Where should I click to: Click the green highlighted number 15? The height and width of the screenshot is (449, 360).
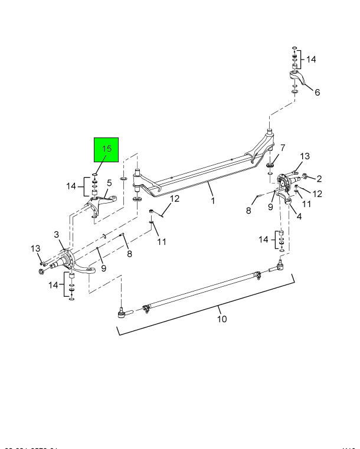(106, 149)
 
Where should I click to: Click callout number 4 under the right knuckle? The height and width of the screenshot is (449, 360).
(299, 216)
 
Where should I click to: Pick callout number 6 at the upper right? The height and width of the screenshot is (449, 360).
(317, 92)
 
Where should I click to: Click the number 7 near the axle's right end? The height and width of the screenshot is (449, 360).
(283, 148)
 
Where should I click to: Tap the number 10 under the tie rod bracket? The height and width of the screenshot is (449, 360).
(221, 319)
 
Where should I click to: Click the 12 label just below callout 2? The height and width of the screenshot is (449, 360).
(316, 193)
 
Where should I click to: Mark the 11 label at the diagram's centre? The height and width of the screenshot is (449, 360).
(162, 241)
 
